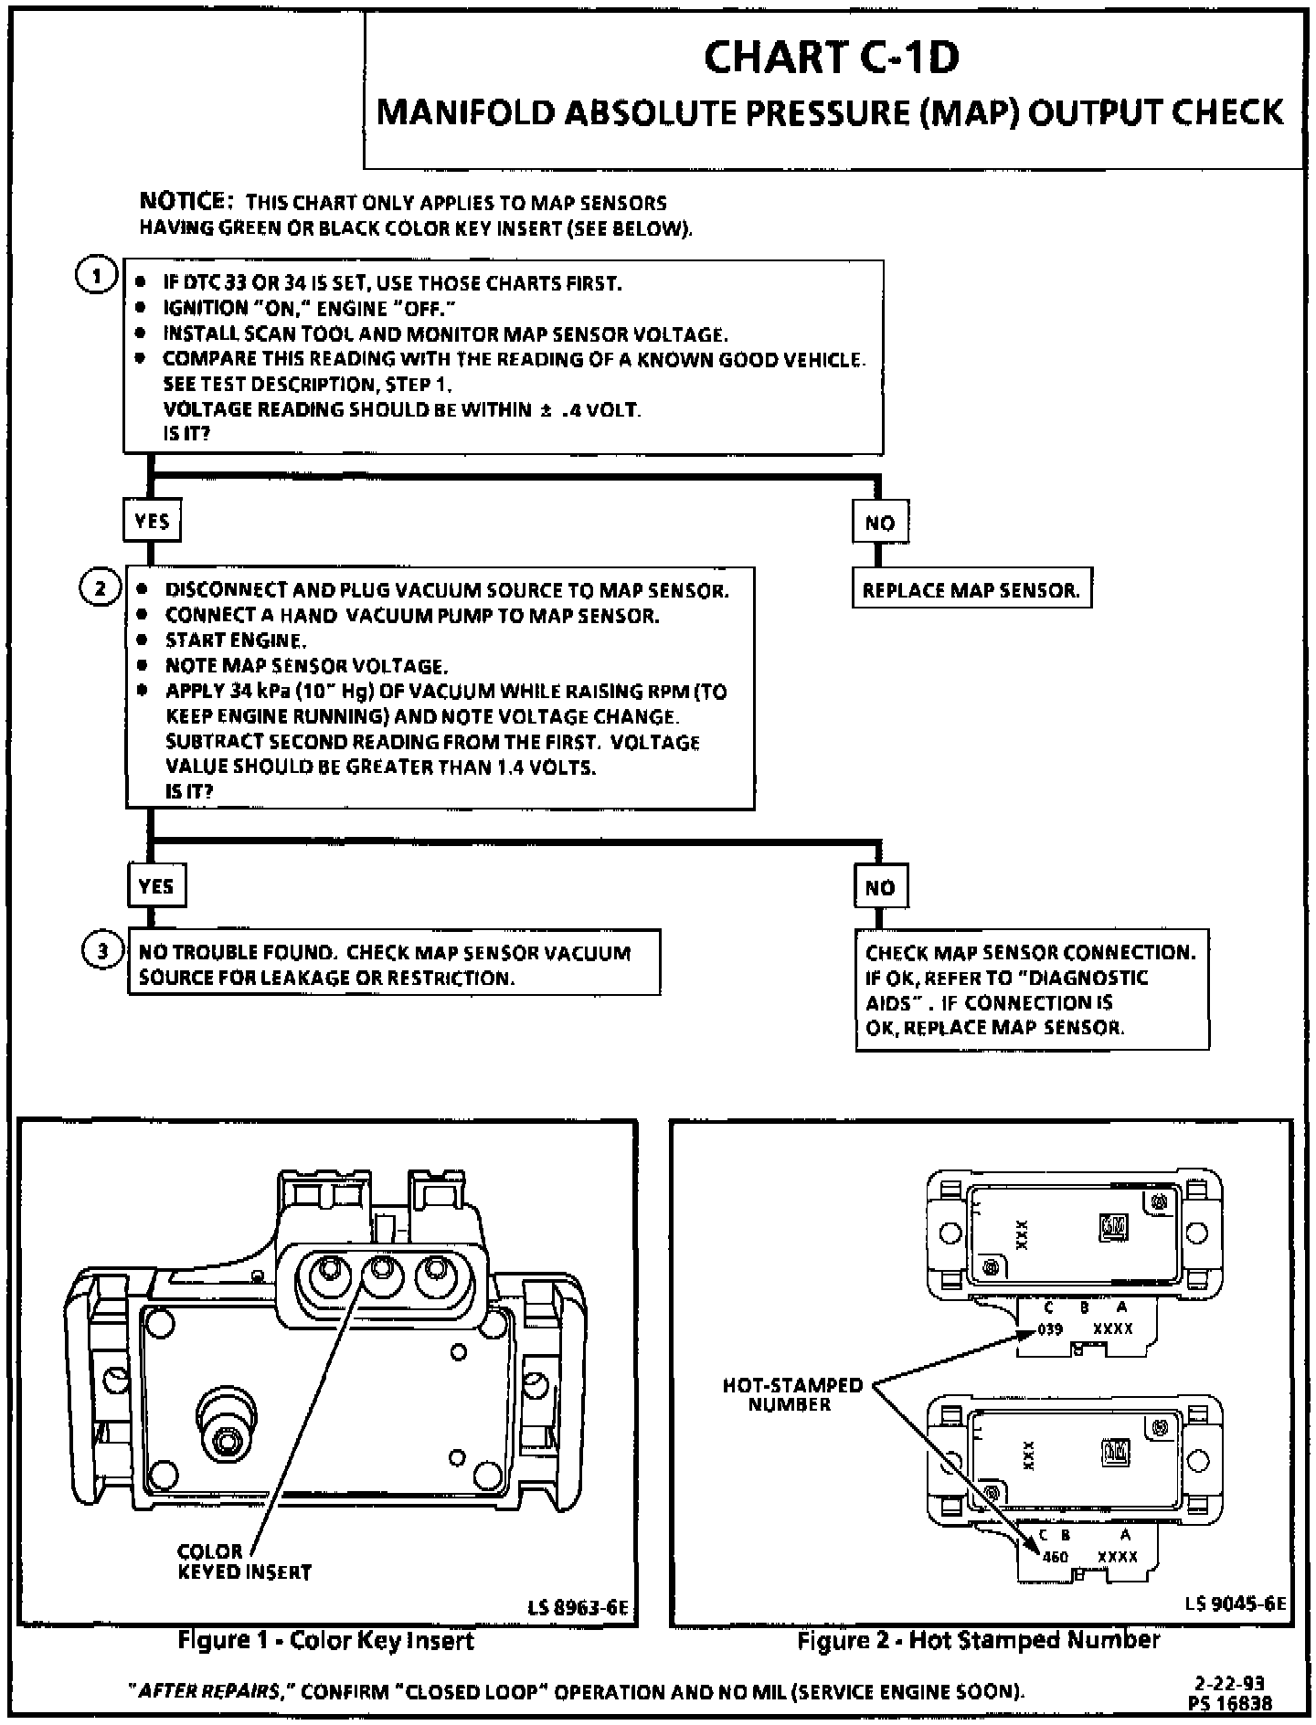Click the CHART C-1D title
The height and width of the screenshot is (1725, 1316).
pyautogui.click(x=831, y=58)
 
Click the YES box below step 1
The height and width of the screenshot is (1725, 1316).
pyautogui.click(x=152, y=522)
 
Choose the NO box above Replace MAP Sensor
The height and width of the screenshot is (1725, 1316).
pyautogui.click(x=879, y=523)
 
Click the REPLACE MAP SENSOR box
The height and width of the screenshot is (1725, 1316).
pyautogui.click(x=971, y=590)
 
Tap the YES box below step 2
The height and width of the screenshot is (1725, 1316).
pyautogui.click(x=155, y=886)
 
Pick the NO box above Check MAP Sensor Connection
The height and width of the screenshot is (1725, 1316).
pyautogui.click(x=881, y=887)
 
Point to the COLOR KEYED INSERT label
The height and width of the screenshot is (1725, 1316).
pyautogui.click(x=244, y=1561)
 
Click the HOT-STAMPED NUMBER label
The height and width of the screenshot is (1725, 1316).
pyautogui.click(x=791, y=1394)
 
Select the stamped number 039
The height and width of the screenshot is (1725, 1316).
pyautogui.click(x=1050, y=1328)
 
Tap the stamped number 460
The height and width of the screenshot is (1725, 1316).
pyautogui.click(x=1055, y=1556)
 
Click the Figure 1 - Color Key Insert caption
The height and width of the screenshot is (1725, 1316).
pyautogui.click(x=326, y=1641)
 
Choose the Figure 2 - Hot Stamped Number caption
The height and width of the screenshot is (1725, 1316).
pyautogui.click(x=978, y=1640)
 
